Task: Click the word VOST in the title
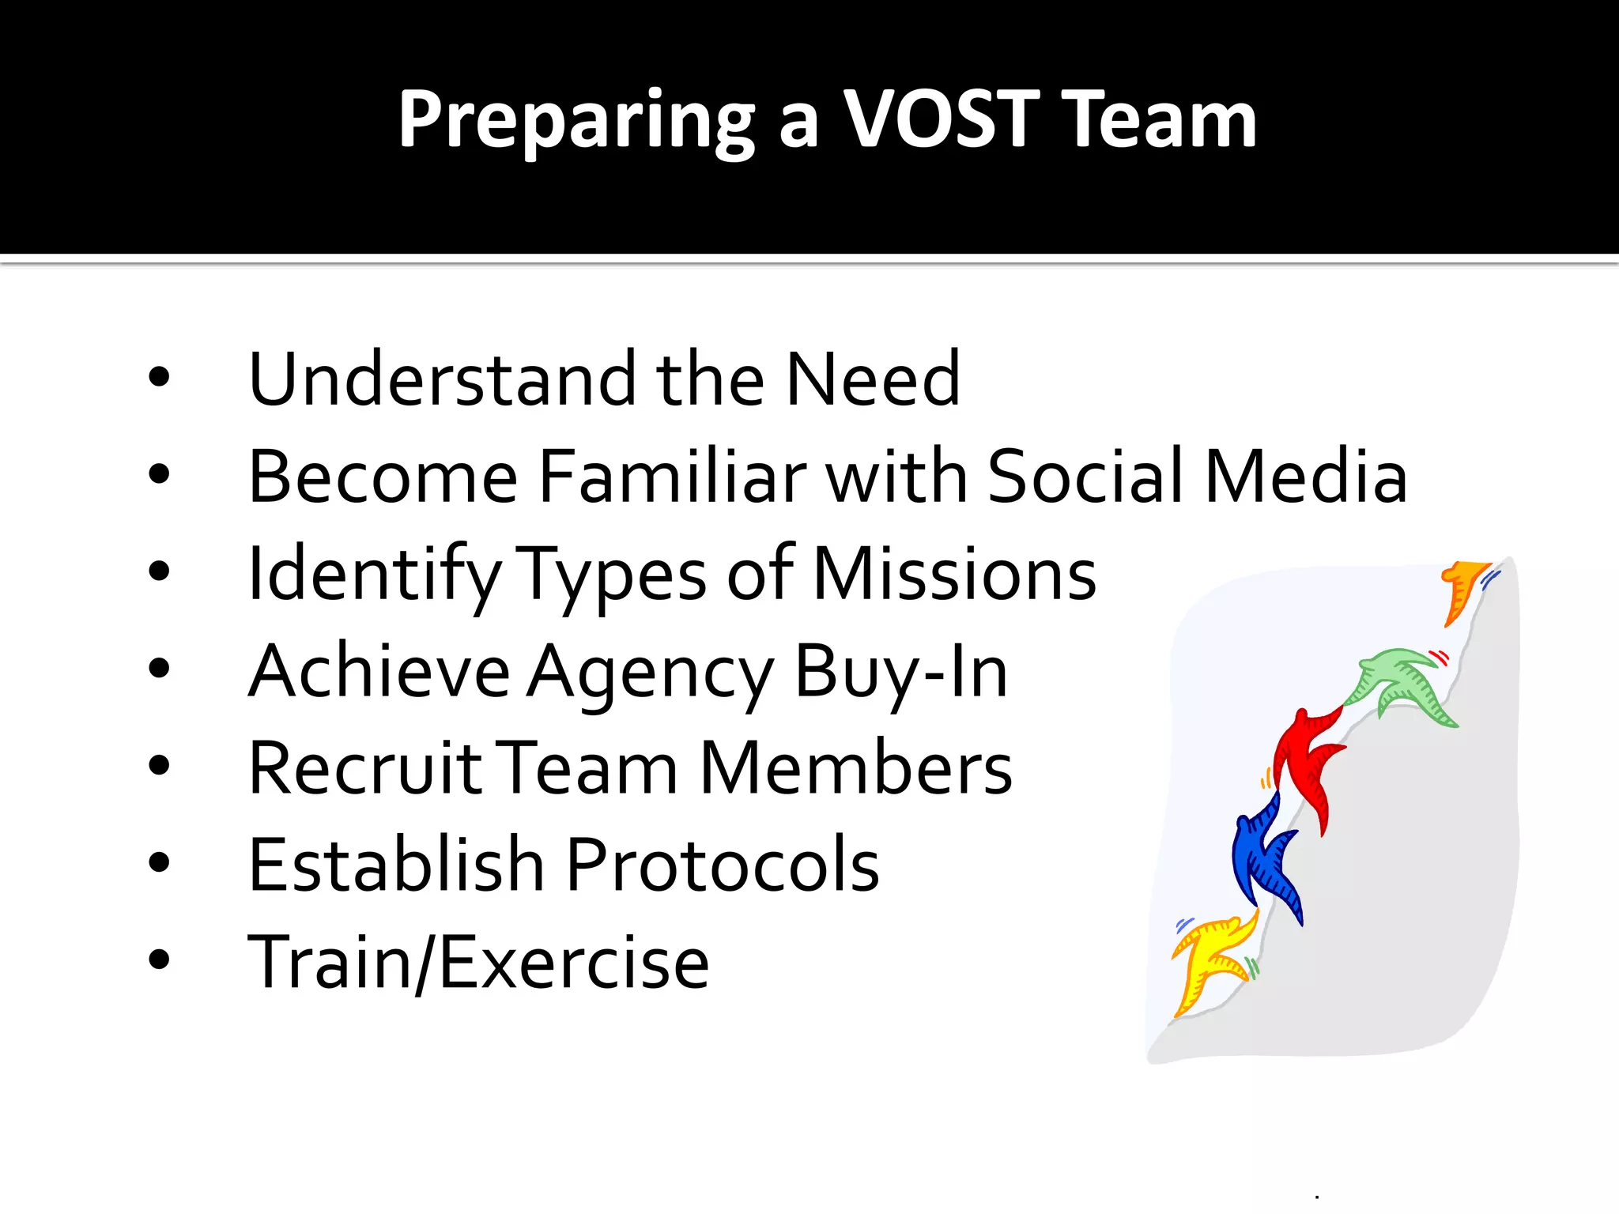pos(941,119)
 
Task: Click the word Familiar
pos(672,477)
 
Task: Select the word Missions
pos(955,575)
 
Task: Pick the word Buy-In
pos(900,672)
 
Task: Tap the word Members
pos(855,768)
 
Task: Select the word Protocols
pos(723,865)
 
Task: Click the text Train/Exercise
pos(478,963)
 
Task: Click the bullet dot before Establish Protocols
pos(159,862)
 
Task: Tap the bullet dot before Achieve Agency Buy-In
pos(159,668)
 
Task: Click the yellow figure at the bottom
pos(1210,960)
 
